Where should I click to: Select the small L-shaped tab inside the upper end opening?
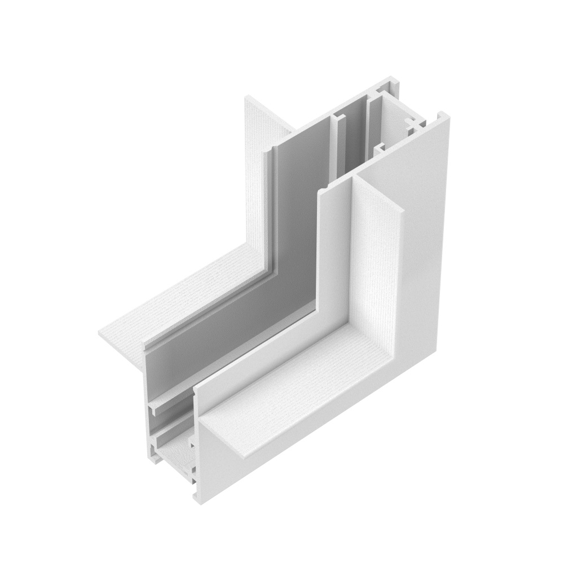click(x=379, y=148)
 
